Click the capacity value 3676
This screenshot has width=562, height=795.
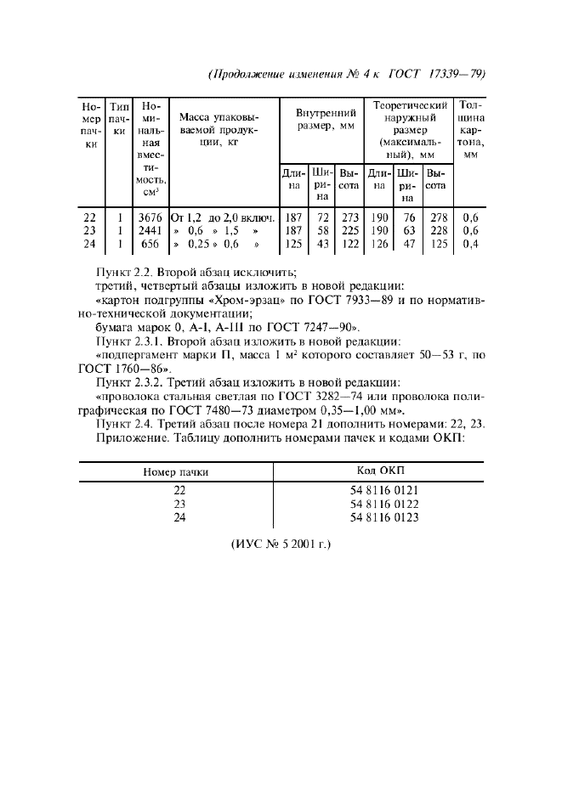(152, 217)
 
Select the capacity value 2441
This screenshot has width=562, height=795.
(152, 230)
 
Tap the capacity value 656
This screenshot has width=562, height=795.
(152, 244)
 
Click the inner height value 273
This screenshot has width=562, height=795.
(349, 217)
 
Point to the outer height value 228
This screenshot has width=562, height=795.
(439, 230)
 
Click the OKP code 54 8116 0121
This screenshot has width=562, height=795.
(384, 490)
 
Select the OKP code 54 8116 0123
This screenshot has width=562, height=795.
(384, 517)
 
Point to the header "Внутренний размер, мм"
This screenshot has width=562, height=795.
(325, 119)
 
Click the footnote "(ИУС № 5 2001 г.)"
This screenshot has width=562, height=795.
(281, 542)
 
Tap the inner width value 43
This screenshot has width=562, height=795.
(321, 244)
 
